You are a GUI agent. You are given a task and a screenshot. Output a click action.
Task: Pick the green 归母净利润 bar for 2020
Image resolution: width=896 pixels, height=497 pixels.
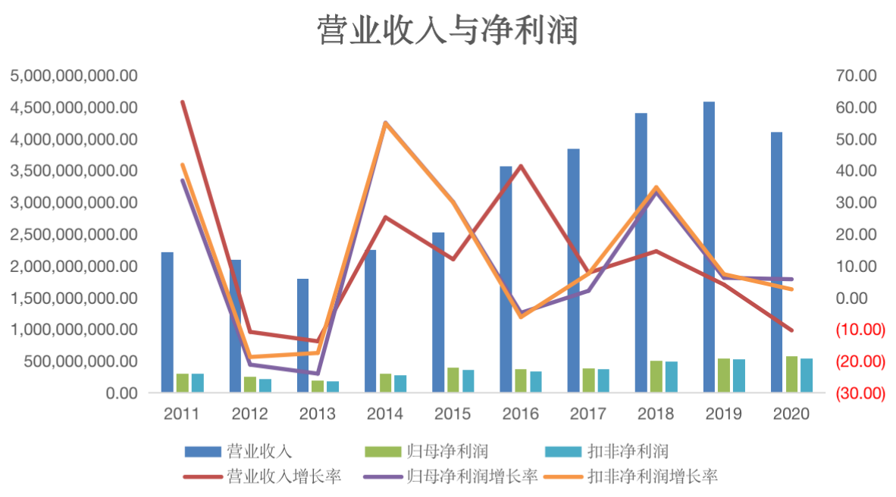click(791, 374)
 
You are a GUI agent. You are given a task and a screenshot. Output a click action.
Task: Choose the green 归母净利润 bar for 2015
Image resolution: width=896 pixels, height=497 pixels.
click(453, 380)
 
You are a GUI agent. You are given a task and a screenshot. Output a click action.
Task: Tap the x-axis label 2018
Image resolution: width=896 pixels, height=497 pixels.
click(656, 414)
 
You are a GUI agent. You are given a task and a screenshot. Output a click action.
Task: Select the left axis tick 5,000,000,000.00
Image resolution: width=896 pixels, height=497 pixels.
click(74, 76)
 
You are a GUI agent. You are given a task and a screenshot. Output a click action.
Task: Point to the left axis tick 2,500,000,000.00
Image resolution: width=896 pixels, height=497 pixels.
click(74, 235)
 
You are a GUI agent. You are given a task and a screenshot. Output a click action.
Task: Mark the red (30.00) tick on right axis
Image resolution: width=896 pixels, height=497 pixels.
click(859, 393)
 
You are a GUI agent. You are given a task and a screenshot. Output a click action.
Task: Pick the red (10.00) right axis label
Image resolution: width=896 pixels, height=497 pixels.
click(859, 330)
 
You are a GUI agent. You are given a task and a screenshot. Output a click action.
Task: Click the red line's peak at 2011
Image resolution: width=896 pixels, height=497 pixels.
click(183, 102)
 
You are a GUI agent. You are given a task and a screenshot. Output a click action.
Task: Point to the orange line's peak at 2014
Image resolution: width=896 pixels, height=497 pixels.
click(385, 123)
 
